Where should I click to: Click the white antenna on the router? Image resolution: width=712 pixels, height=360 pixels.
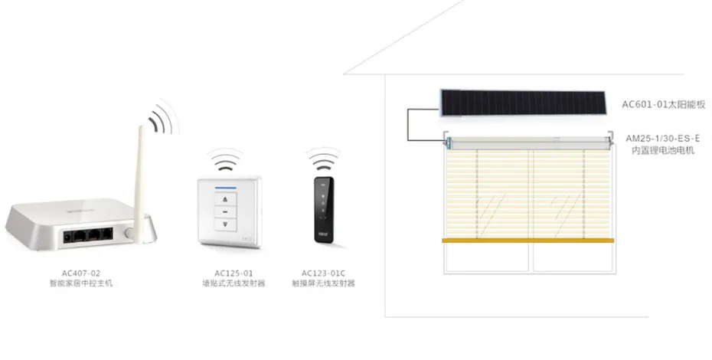[139, 177]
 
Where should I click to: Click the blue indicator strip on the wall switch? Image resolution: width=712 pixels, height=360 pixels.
[224, 185]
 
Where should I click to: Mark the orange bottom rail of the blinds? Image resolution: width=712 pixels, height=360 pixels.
[528, 241]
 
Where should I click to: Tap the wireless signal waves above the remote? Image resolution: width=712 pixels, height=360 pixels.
[322, 159]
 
